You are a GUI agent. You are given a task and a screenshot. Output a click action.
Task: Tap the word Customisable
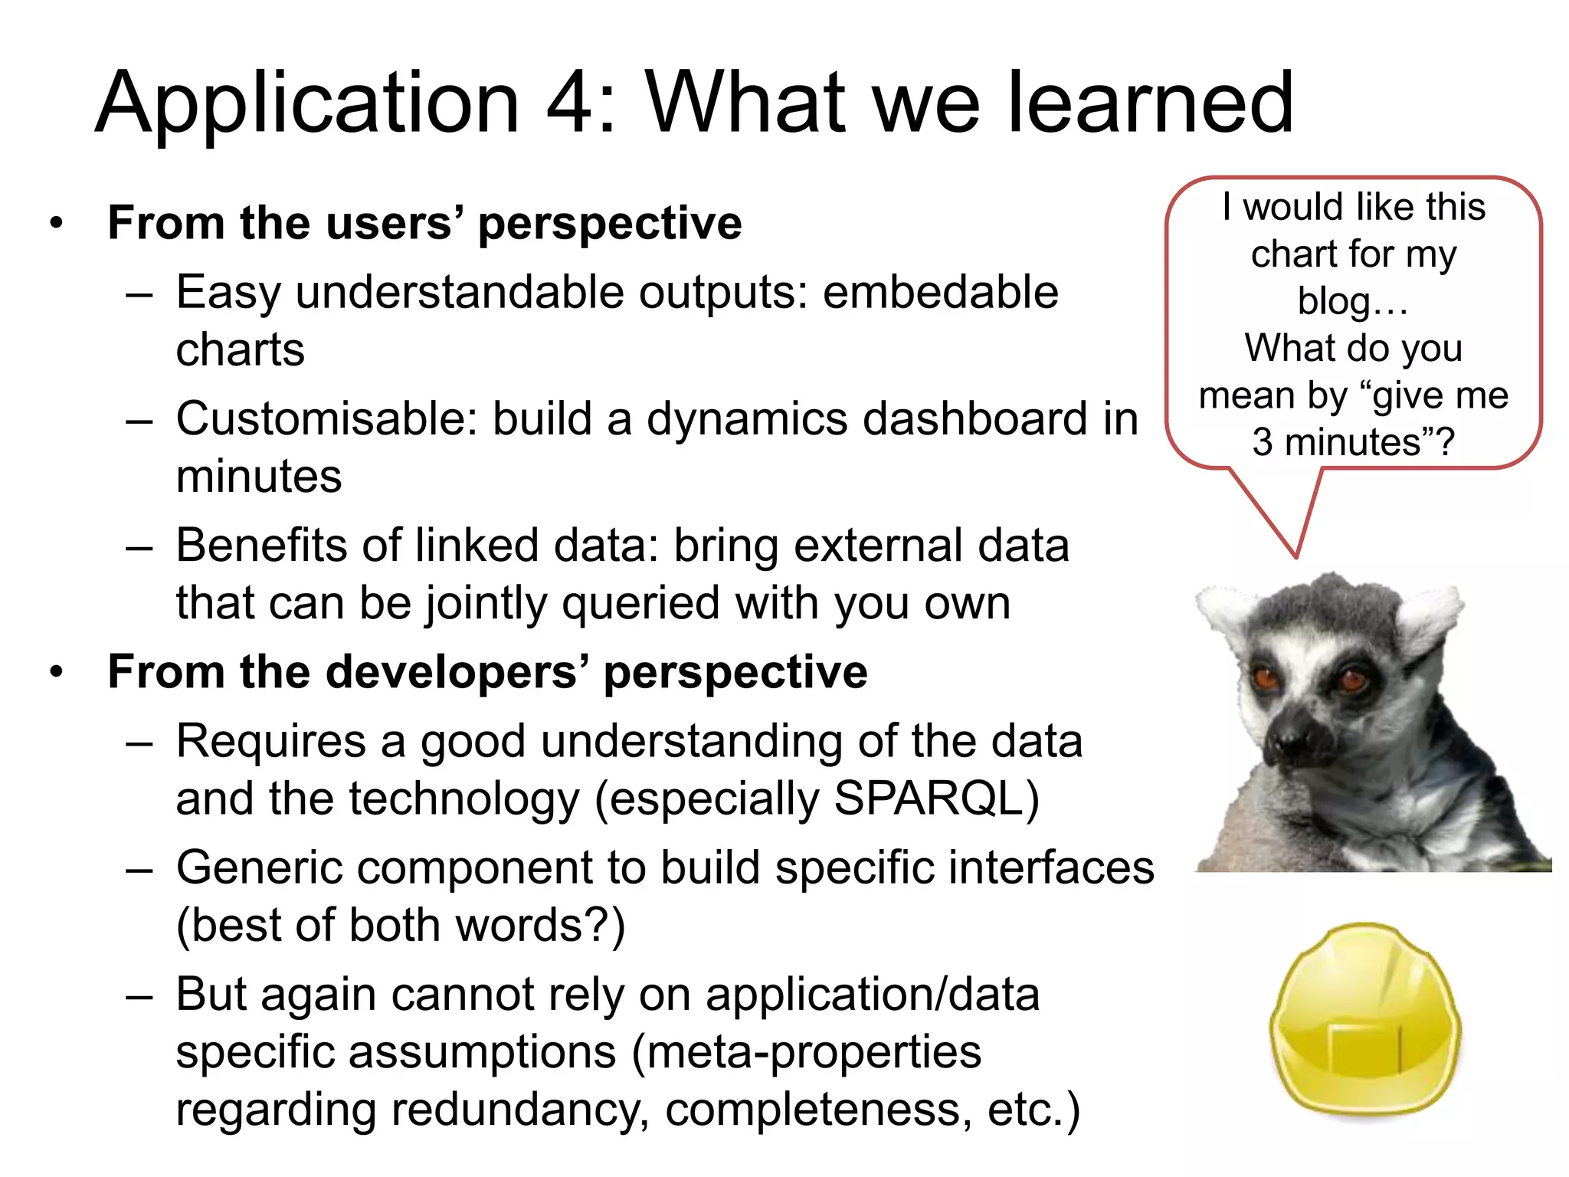(x=327, y=420)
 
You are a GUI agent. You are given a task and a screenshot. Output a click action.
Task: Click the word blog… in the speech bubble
(x=1353, y=301)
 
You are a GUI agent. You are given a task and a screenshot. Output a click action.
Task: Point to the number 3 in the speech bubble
(x=1262, y=442)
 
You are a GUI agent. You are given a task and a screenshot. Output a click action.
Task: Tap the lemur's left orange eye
(x=1266, y=678)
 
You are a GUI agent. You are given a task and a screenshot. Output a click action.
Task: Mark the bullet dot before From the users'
(x=55, y=224)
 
